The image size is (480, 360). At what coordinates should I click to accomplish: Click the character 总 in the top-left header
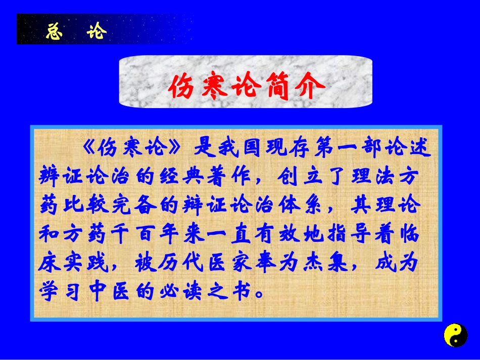point(54,31)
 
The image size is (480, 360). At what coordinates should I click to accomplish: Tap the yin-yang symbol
point(455,335)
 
